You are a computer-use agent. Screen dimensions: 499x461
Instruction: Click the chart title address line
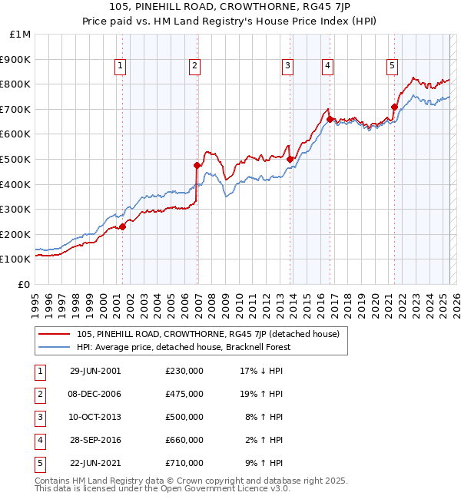pos(230,7)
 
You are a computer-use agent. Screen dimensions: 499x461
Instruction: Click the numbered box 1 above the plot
pos(121,67)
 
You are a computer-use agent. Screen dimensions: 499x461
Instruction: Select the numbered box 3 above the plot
pos(287,67)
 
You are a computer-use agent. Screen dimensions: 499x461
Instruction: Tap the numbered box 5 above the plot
pos(392,67)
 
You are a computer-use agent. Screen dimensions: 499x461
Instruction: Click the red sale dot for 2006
pos(197,165)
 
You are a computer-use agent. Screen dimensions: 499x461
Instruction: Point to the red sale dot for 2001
pos(123,226)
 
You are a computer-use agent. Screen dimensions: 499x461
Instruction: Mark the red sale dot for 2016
pos(330,119)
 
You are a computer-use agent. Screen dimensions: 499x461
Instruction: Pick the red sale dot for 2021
pos(394,107)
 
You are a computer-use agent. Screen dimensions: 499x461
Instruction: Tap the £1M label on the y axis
pos(21,34)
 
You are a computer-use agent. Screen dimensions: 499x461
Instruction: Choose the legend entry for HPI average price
pos(183,347)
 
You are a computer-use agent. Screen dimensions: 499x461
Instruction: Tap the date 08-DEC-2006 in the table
pos(95,394)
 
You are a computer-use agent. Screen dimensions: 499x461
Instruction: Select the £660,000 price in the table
pos(184,440)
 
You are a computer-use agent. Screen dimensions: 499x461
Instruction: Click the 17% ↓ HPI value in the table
pos(261,371)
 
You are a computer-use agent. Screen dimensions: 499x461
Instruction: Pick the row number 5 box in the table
pos(38,463)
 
